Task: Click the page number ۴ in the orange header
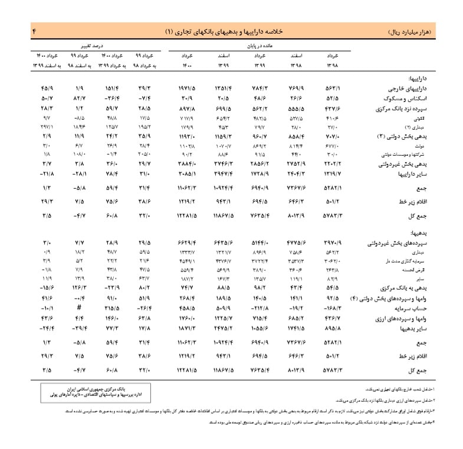(35, 30)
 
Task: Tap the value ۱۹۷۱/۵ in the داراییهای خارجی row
(188, 88)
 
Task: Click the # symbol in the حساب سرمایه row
(78, 309)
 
